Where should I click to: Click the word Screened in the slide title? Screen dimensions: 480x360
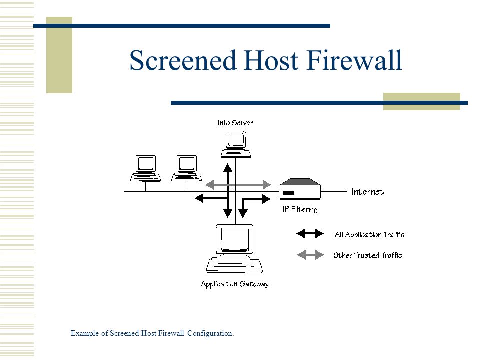[183, 60]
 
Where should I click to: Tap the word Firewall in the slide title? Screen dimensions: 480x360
[354, 60]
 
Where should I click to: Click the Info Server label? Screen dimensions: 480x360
[235, 123]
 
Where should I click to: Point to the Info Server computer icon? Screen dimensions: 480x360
[236, 145]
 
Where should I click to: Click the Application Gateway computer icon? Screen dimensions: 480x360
[235, 249]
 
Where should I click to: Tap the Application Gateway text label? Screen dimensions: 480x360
[235, 284]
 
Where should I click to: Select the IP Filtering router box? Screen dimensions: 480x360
[300, 189]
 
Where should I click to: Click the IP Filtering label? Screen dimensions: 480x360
[300, 209]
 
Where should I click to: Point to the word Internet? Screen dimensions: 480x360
[367, 192]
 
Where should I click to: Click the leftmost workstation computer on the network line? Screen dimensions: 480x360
[145, 168]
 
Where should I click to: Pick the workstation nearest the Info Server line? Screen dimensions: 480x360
[186, 168]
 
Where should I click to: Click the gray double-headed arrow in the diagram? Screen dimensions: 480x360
[238, 185]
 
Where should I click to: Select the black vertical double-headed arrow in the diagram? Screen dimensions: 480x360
[228, 190]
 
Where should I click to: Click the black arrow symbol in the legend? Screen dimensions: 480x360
[310, 234]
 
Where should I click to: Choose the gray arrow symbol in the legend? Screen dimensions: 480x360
[310, 255]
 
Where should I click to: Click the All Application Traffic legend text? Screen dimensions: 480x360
[369, 235]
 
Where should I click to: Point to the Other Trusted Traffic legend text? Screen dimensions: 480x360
[367, 255]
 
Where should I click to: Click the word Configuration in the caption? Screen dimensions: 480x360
[210, 333]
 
